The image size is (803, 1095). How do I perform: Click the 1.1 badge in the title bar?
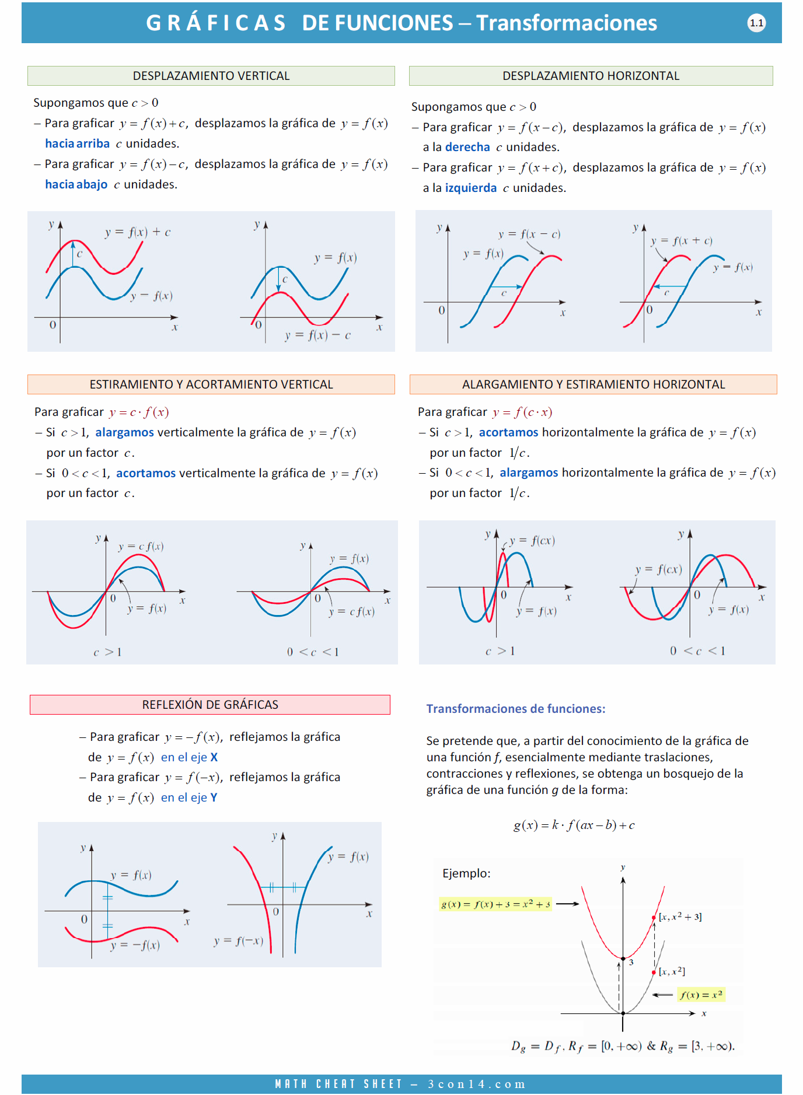pos(756,23)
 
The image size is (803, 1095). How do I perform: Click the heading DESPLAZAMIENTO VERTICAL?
pos(211,76)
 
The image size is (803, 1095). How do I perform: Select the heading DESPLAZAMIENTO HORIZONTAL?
pos(591,76)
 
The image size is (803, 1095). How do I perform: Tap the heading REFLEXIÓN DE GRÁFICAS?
pos(210,705)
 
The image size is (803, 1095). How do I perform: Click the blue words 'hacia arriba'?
pos(77,144)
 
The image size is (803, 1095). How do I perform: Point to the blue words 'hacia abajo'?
pos(76,184)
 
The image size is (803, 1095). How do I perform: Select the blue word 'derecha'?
pos(467,147)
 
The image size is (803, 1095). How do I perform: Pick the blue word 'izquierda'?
pos(470,188)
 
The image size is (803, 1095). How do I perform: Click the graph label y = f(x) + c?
pos(138,232)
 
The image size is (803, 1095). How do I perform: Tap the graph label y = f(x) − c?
pos(317,335)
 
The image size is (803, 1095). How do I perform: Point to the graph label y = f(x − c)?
pos(529,234)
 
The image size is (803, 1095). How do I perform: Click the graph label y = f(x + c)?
pos(681,240)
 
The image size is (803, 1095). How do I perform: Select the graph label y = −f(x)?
pos(135,945)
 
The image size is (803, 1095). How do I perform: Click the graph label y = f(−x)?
pos(238,940)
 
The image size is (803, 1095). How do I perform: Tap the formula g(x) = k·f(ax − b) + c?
pos(574,825)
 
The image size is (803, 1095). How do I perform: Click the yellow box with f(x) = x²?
pos(701,995)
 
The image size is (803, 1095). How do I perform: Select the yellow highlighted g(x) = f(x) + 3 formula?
pos(495,904)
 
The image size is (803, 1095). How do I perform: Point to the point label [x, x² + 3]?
pos(680,917)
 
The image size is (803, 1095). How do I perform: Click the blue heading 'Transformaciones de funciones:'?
pos(516,709)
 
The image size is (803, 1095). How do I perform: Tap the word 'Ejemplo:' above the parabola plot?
pos(466,873)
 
